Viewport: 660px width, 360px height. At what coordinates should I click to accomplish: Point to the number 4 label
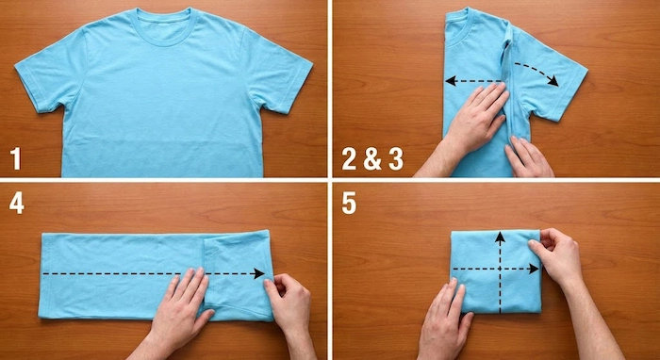[x=16, y=204]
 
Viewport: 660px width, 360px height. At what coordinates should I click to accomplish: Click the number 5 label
[x=349, y=204]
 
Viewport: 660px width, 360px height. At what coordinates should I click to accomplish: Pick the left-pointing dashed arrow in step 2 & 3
[x=473, y=81]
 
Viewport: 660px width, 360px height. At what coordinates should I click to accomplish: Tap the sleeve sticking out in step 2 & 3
[x=547, y=75]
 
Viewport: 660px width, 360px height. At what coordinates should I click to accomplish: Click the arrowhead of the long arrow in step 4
[x=259, y=274]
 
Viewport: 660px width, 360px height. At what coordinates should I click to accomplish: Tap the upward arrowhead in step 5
[x=500, y=237]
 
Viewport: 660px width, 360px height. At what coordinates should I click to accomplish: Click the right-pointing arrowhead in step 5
[x=534, y=269]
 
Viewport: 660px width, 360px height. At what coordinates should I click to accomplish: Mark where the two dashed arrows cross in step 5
[x=500, y=269]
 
